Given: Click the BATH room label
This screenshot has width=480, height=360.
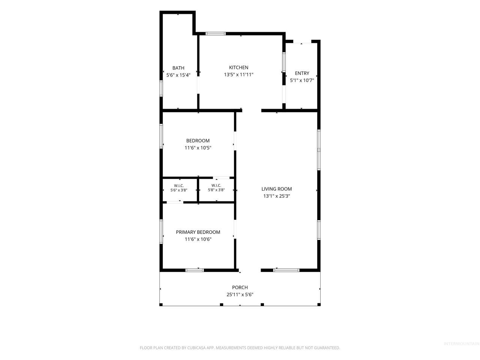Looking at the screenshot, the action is pos(178,68).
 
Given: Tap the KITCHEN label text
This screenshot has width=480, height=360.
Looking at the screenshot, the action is pos(238,67).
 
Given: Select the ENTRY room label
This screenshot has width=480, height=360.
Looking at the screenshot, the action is pos(302,73).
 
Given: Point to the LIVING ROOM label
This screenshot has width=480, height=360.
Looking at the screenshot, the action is pos(276,189).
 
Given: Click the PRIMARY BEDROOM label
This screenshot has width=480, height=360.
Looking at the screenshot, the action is pos(198,232).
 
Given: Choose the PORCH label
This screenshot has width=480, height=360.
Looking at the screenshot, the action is pos(240,287).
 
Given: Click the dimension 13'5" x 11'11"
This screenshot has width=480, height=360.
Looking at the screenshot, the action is pos(238,75).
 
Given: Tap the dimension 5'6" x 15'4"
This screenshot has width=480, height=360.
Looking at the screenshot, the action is pos(178,75).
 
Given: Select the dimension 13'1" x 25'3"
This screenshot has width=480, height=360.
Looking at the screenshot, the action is pos(276,196).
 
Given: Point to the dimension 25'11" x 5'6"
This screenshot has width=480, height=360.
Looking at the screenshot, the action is pos(240,295).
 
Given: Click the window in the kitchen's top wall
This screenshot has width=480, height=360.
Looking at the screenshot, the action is pos(215,34).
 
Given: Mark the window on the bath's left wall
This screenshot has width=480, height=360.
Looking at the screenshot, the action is pos(161,88).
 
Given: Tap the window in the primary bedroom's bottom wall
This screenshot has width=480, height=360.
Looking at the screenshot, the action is pos(194,270).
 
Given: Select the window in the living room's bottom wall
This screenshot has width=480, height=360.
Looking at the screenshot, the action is pos(286,270).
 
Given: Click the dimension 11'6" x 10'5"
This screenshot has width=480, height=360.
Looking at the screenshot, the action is pos(198,148).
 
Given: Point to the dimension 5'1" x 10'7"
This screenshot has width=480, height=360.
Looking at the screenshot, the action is pos(302,80).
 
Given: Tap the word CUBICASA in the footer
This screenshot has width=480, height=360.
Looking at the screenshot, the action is pos(196,348).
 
